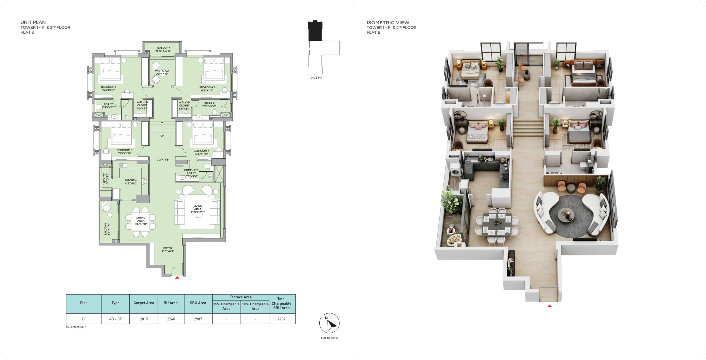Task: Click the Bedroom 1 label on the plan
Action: pyautogui.click(x=108, y=89)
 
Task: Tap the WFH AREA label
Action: pyautogui.click(x=162, y=72)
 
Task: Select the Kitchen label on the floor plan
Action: pyautogui.click(x=131, y=182)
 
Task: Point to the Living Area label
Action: pyautogui.click(x=198, y=209)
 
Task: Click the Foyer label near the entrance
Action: pyautogui.click(x=168, y=250)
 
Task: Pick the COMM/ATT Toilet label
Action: pyautogui.click(x=191, y=173)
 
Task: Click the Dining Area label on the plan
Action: pyautogui.click(x=141, y=221)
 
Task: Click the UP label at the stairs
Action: pyautogui.click(x=162, y=136)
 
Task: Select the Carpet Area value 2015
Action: pyautogui.click(x=144, y=319)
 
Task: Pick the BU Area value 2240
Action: pyautogui.click(x=171, y=319)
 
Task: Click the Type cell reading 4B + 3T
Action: pyautogui.click(x=115, y=319)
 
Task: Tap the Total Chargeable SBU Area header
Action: pyautogui.click(x=281, y=303)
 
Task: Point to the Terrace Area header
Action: pyautogui.click(x=240, y=297)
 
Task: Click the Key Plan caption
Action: pyautogui.click(x=316, y=78)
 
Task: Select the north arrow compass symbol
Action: pyautogui.click(x=329, y=323)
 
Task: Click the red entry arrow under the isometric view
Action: pyautogui.click(x=549, y=306)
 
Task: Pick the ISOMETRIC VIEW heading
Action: pyautogui.click(x=388, y=23)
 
